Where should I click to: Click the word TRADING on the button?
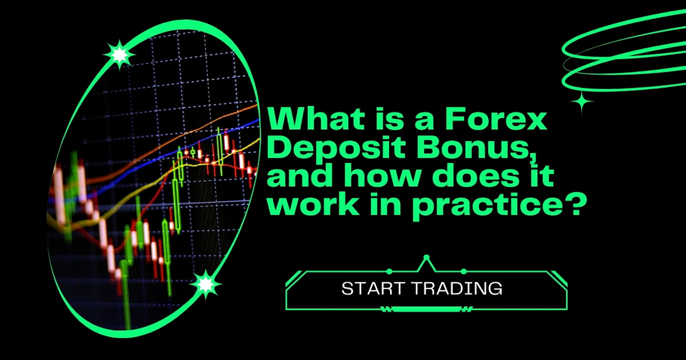point(460,289)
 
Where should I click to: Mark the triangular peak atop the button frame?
point(425,262)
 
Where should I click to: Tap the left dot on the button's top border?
point(389,271)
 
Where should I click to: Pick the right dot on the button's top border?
point(463,271)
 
